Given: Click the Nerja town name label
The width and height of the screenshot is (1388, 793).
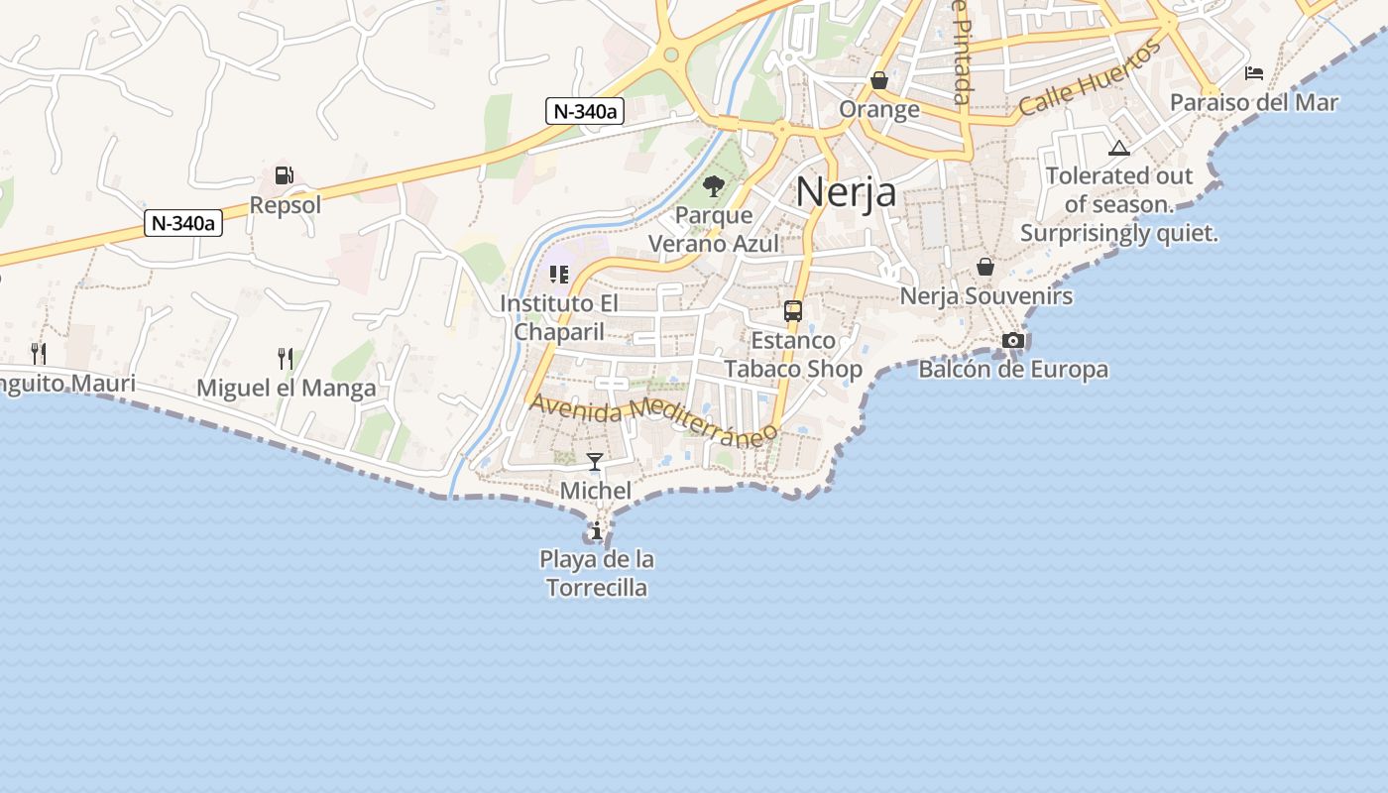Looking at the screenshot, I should [x=846, y=192].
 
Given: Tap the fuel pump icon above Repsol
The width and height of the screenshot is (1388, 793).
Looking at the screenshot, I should [x=285, y=176].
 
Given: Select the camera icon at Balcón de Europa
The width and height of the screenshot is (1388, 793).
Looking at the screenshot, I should [x=1013, y=341].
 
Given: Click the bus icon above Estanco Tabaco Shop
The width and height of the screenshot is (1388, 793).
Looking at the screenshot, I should [x=793, y=311].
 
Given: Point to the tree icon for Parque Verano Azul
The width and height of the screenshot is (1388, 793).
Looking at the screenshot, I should [x=713, y=185].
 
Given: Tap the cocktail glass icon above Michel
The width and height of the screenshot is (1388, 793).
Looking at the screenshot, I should [x=595, y=462].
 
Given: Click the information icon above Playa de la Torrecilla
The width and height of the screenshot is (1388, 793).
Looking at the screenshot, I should [x=597, y=531].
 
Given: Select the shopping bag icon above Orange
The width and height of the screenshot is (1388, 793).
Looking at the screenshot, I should [x=879, y=80].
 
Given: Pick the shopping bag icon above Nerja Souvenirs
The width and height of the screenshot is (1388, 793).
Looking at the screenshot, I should [x=985, y=267].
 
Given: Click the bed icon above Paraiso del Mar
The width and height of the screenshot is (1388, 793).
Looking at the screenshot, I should [x=1254, y=73].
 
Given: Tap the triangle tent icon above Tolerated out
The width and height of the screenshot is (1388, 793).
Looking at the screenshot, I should [x=1119, y=149].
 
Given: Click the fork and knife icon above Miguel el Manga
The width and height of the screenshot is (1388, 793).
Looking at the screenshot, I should [x=286, y=357].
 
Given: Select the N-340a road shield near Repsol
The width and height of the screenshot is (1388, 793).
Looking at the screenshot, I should [x=183, y=223].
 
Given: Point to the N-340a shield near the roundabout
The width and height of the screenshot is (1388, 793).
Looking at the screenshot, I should [x=584, y=111].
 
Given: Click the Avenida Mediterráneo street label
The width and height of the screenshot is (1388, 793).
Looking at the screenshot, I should [x=653, y=419].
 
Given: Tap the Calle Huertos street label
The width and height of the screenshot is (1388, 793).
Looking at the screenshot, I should [x=1090, y=78].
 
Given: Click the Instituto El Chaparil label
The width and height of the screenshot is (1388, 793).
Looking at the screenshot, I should [x=559, y=317].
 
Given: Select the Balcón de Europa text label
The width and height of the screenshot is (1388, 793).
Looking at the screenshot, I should [x=1013, y=371].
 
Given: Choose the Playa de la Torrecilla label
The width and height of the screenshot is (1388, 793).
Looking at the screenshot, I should [x=597, y=574].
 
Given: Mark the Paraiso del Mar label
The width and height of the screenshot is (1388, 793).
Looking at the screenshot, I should [x=1254, y=103].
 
